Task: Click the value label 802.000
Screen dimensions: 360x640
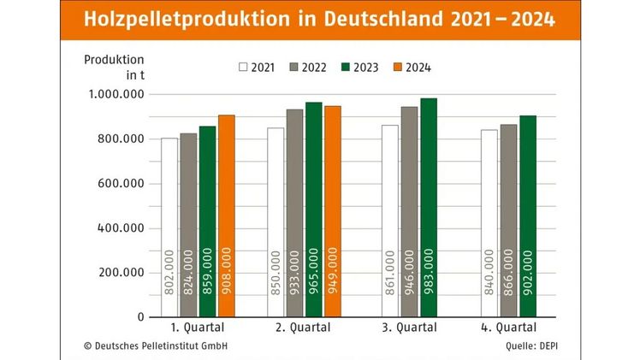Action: (170, 272)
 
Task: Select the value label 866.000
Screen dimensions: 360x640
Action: (508, 272)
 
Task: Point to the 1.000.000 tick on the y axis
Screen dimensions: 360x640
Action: (116, 94)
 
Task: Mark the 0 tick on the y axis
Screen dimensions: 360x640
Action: (139, 317)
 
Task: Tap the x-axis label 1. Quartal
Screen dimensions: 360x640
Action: (197, 327)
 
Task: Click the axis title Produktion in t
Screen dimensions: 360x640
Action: (114, 66)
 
